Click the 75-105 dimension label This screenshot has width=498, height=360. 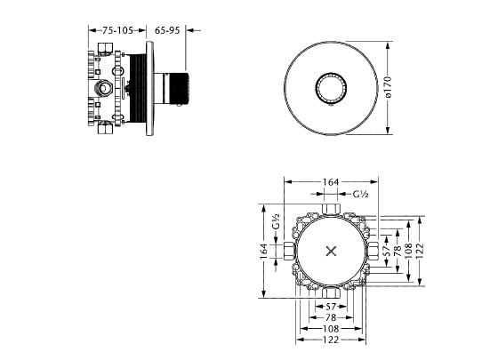(117, 30)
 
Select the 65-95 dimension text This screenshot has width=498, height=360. (167, 30)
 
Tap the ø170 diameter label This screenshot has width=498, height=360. (388, 87)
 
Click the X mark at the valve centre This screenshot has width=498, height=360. (331, 252)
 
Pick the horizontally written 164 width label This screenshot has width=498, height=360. (331, 182)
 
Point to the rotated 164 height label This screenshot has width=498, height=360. (264, 251)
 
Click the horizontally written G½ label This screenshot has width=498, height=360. (360, 194)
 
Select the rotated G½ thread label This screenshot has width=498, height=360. (276, 221)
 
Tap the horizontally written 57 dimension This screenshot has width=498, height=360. (331, 307)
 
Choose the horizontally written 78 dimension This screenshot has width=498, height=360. (331, 317)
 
